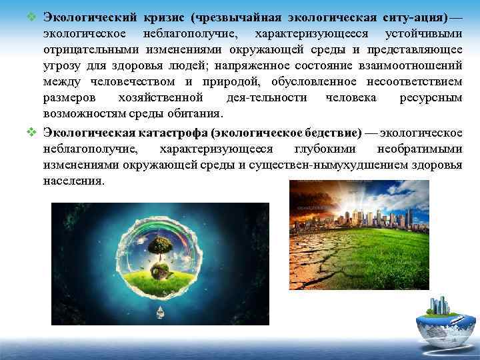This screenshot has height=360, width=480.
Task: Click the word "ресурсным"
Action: [433, 97]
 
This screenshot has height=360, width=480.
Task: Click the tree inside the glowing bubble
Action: [159, 246]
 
